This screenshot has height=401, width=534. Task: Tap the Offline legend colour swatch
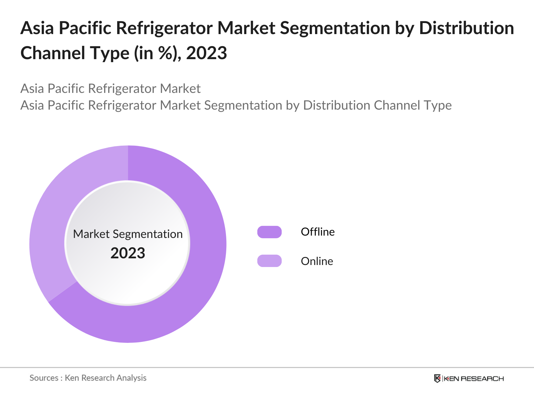269,232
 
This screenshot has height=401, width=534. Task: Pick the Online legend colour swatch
269,261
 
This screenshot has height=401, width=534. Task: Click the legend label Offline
317,232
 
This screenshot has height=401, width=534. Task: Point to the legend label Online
317,261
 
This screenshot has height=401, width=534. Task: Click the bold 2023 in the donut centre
128,253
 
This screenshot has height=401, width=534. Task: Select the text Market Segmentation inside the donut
128,234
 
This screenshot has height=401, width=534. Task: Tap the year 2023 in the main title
206,53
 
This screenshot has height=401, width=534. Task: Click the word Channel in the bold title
48,53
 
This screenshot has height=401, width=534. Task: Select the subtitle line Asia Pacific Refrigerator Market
110,89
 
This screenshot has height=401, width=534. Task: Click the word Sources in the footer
44,378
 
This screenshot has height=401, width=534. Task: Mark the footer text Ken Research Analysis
105,378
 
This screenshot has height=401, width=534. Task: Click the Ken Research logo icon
437,378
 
